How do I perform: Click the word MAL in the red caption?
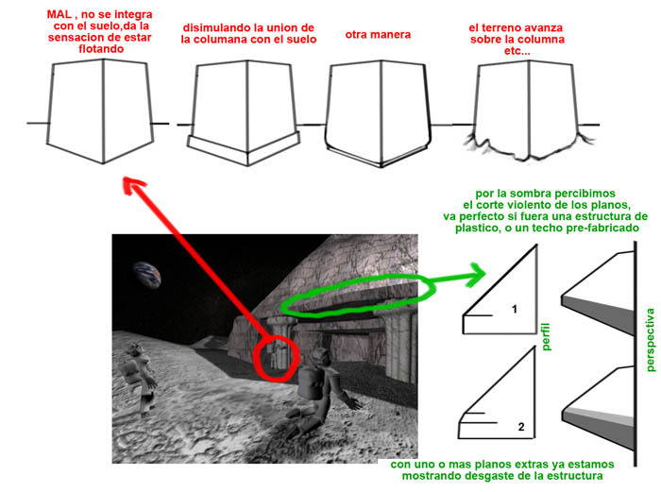click(x=59, y=14)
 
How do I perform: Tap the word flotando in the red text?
click(x=101, y=49)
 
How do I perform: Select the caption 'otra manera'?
click(x=378, y=35)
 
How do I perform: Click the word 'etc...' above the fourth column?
click(x=517, y=51)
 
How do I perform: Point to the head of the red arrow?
click(x=131, y=185)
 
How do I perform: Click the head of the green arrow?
click(x=478, y=275)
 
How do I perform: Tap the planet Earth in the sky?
click(x=147, y=274)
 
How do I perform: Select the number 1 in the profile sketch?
click(x=515, y=310)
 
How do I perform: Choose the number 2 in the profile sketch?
click(x=521, y=427)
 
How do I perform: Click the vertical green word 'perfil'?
click(x=547, y=336)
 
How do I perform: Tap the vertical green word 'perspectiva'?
click(x=651, y=340)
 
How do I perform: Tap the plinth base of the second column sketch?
click(x=244, y=148)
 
